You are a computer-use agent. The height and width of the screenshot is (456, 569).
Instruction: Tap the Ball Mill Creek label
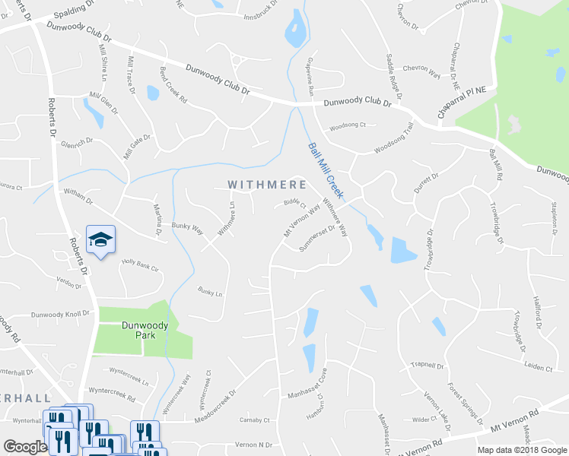point(326,171)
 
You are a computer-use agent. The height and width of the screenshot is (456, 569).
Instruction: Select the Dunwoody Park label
point(145,325)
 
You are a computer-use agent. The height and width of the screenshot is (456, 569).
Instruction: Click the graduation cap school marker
point(100,240)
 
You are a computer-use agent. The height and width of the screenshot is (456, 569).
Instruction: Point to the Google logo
point(26,447)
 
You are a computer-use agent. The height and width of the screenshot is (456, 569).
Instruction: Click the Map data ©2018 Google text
point(522,449)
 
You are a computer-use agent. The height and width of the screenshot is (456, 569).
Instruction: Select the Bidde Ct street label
point(294,204)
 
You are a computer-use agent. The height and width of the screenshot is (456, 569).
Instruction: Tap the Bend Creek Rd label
point(173,87)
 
